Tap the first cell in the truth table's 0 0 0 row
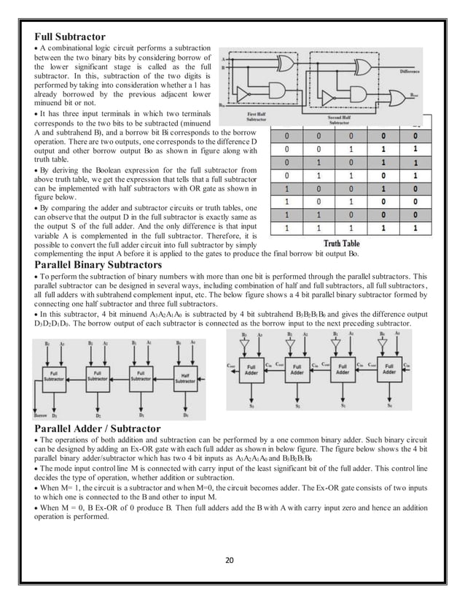tap(289, 136)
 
